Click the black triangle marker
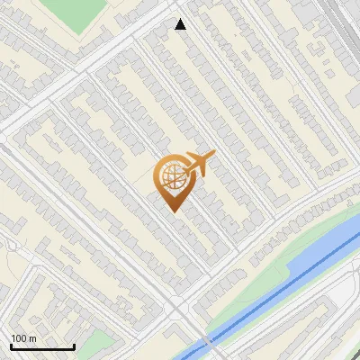pyautogui.click(x=181, y=24)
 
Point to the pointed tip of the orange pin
pyautogui.click(x=173, y=211)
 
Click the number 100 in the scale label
pyautogui.click(x=19, y=338)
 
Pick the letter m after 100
pyautogui.click(x=32, y=338)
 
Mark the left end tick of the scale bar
pyautogui.click(x=11, y=346)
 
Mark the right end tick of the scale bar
pyautogui.click(x=74, y=346)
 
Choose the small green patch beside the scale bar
pyautogui.click(x=99, y=342)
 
